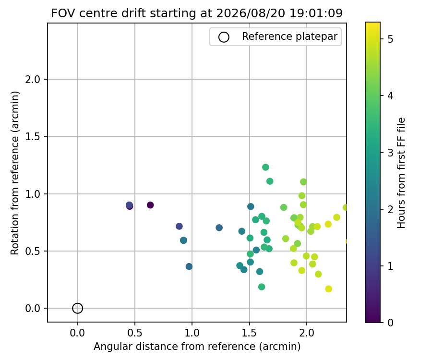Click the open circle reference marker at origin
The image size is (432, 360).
click(78, 308)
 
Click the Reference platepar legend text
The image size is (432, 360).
click(289, 36)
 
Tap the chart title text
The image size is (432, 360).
click(197, 13)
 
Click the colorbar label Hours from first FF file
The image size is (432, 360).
click(401, 173)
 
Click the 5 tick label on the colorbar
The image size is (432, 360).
click(390, 39)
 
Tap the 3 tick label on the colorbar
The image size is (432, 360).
click(390, 152)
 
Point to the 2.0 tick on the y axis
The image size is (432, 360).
click(33, 79)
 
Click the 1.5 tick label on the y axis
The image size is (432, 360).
click(33, 137)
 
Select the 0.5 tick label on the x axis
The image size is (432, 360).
click(135, 333)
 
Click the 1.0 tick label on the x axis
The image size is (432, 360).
click(192, 333)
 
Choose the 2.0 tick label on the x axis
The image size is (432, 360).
click(307, 333)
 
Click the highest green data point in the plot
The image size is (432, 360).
click(265, 167)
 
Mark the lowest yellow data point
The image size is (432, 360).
click(328, 288)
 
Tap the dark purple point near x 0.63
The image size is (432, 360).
click(150, 205)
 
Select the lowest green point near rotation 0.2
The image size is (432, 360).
click(262, 287)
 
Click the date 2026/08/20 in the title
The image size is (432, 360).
click(250, 13)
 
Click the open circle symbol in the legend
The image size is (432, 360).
click(224, 37)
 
